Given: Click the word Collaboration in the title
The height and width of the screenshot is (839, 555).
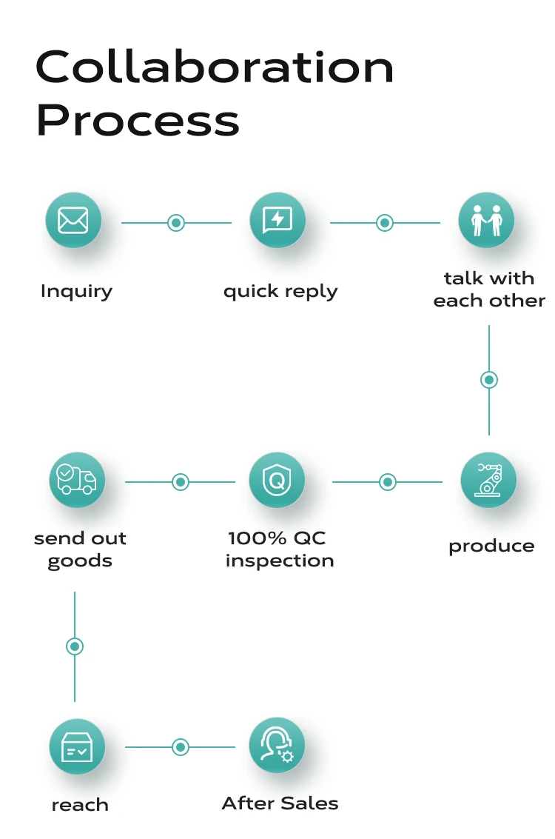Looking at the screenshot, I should [x=215, y=68].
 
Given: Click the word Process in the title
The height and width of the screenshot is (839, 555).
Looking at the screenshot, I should [x=138, y=121].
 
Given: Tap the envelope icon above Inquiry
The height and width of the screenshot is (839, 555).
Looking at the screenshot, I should [x=73, y=220].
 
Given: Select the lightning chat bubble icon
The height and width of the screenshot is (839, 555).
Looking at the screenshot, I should [x=277, y=220].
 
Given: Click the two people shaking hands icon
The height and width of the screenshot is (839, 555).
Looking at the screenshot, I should [x=486, y=220].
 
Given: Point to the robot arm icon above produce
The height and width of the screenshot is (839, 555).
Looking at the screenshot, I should [x=488, y=480].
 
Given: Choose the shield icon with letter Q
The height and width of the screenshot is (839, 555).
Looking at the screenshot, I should [x=277, y=480].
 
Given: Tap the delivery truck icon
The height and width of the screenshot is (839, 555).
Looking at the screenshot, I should [x=77, y=480].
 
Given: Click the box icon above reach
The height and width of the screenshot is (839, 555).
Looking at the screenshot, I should [x=77, y=746].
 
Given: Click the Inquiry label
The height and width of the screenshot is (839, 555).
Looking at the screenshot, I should [x=76, y=291].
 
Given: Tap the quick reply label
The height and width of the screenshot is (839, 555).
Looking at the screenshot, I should [x=280, y=291].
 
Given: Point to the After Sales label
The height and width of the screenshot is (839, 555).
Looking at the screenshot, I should [x=280, y=803].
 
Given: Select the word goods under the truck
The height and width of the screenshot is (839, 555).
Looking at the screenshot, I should [x=80, y=561].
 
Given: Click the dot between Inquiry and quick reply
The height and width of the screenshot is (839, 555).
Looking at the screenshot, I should [x=176, y=222].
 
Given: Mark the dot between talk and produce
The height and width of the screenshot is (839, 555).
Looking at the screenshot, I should [x=489, y=380].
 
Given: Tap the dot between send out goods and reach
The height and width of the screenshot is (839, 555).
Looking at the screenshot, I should [x=75, y=646].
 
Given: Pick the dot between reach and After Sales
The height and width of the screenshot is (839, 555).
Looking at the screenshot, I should [x=181, y=747].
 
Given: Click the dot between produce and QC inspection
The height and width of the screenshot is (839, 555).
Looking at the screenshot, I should [x=388, y=482].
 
